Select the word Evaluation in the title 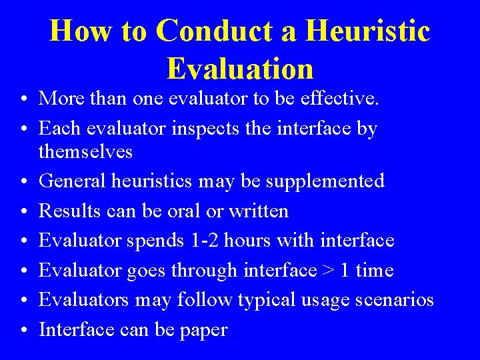(x=240, y=68)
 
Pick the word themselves (x=85, y=152)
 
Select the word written (x=259, y=211)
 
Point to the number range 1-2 (x=203, y=240)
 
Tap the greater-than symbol (x=328, y=271)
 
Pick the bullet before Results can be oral (x=23, y=212)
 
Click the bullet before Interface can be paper (x=23, y=330)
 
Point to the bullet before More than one (x=23, y=99)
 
